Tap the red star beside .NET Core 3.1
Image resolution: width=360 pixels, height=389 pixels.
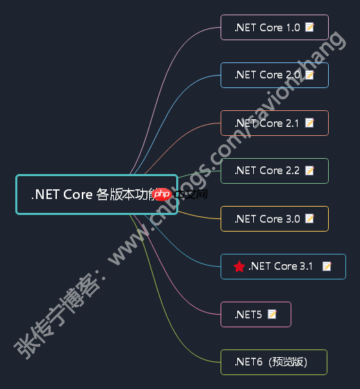tap(239, 266)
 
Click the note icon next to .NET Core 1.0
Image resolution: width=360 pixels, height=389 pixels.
tap(309, 28)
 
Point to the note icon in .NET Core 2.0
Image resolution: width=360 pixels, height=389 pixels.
tap(309, 75)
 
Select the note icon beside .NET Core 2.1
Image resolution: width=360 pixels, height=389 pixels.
tap(309, 123)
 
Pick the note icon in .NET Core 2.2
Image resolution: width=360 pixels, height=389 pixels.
tap(309, 171)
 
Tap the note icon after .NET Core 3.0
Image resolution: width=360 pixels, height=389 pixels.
tap(309, 218)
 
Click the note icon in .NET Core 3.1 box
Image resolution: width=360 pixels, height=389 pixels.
tap(327, 266)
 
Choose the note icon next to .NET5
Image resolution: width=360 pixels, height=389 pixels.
tap(272, 314)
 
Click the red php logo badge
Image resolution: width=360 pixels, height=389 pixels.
tap(162, 194)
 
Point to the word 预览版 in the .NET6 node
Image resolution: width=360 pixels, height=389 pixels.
tap(288, 362)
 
